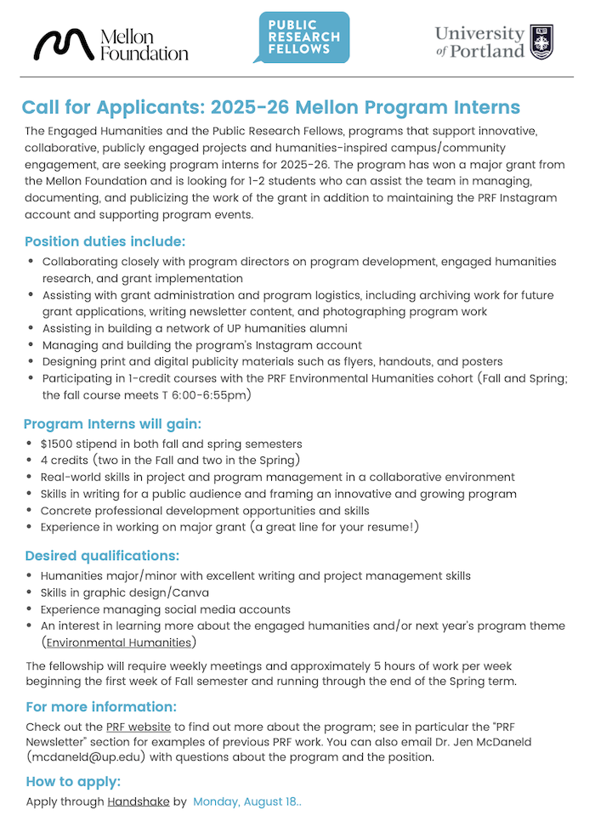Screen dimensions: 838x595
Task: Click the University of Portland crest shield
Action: click(x=541, y=41)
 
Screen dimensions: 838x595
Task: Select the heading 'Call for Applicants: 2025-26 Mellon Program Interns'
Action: click(x=270, y=108)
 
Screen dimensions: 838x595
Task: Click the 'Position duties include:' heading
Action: click(x=105, y=241)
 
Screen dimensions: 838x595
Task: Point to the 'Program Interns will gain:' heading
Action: click(x=112, y=423)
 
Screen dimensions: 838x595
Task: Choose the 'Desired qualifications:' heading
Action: click(x=102, y=556)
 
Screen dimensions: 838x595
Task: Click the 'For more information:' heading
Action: click(x=101, y=706)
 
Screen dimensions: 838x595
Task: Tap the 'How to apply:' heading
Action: click(x=73, y=781)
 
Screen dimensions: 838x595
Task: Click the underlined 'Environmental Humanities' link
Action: click(x=119, y=642)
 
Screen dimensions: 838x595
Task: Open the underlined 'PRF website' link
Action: click(x=139, y=727)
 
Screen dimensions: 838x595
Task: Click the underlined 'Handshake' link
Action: click(x=139, y=801)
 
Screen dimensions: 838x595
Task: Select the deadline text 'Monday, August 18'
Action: click(x=244, y=801)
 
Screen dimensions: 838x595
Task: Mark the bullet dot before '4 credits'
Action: click(x=31, y=460)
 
